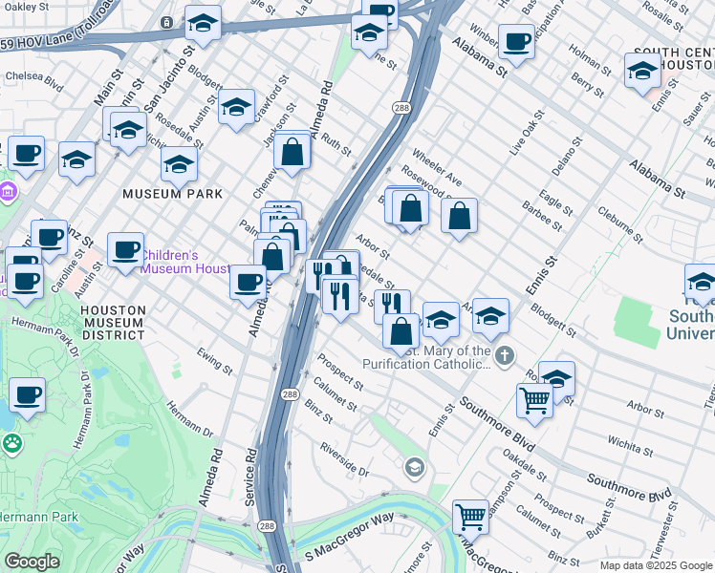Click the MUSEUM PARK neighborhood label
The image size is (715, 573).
(172, 194)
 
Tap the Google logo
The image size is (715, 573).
(32, 561)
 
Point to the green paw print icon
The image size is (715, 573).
(12, 442)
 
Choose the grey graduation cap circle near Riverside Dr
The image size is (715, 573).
(414, 467)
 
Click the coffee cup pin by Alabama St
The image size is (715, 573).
(516, 42)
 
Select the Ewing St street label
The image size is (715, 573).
(215, 360)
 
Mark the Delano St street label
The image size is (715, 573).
(567, 156)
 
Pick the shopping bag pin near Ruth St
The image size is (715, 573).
(292, 151)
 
